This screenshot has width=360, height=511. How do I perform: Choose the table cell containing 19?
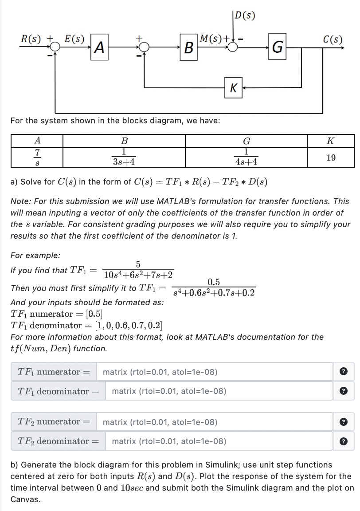(330, 157)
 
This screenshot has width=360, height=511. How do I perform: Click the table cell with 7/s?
(38, 157)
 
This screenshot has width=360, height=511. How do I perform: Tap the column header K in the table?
(330, 141)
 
